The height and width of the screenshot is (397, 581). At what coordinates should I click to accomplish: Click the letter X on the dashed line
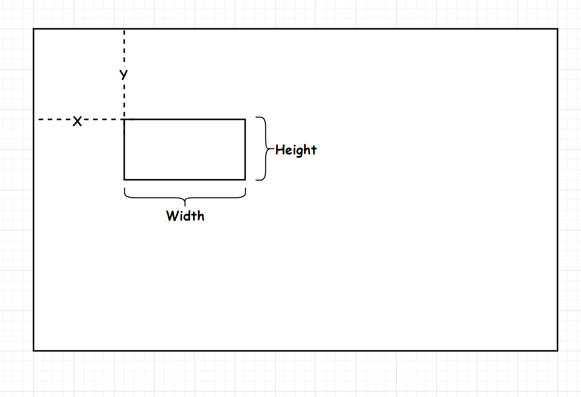click(x=77, y=122)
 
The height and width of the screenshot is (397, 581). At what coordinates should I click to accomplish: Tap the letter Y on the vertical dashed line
click(x=124, y=74)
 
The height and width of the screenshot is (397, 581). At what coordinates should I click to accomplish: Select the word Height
click(x=296, y=150)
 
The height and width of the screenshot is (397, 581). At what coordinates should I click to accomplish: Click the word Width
click(x=185, y=216)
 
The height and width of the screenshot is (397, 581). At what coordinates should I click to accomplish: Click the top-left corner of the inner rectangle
click(x=124, y=119)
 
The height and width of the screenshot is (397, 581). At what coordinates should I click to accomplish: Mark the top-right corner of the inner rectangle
click(x=245, y=119)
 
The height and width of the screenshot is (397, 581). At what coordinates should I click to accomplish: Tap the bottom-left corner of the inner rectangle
click(x=124, y=179)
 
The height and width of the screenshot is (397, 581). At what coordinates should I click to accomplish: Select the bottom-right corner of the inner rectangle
click(x=245, y=179)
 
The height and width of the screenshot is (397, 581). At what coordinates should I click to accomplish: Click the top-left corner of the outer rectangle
click(x=34, y=29)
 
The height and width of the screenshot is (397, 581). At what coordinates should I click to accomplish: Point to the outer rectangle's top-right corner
click(x=557, y=29)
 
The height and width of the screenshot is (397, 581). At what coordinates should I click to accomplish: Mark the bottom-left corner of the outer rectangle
click(x=34, y=350)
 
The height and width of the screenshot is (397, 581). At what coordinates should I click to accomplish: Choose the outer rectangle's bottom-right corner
click(x=557, y=350)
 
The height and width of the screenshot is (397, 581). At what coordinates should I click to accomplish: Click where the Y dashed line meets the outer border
click(x=124, y=30)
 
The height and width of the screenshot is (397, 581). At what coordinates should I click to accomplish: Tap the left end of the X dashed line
click(x=39, y=119)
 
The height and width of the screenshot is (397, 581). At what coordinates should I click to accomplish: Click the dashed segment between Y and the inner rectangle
click(x=124, y=99)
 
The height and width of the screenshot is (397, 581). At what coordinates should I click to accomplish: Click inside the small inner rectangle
click(x=184, y=149)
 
